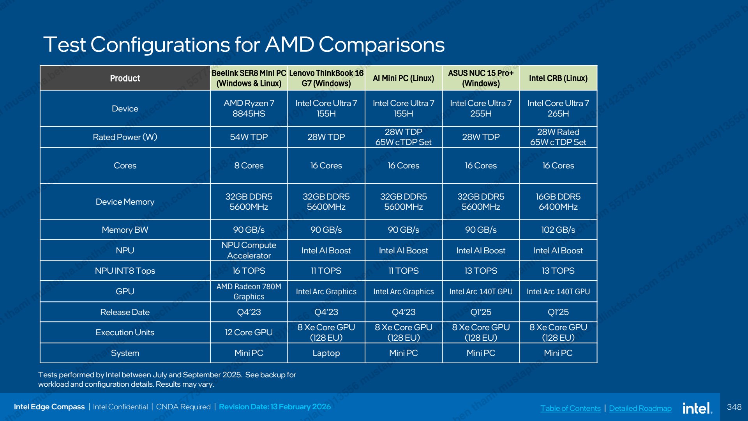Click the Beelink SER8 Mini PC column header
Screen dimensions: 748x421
coord(249,78)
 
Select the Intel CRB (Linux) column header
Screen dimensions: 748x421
coord(558,78)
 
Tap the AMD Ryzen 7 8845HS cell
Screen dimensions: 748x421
coord(249,108)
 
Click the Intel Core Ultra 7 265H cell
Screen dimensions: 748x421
coord(558,108)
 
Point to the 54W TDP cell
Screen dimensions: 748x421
coord(249,137)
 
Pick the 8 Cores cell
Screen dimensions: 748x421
coord(249,166)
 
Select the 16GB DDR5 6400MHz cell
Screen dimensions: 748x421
coord(558,202)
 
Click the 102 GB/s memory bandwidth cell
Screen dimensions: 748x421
coord(558,230)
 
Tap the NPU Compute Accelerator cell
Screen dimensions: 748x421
coord(249,250)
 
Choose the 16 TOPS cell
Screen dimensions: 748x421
coord(249,271)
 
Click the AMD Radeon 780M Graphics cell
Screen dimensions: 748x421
coord(249,291)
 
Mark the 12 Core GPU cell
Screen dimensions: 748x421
coord(249,332)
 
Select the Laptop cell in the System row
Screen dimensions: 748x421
coord(326,353)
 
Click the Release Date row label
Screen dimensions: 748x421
coord(125,312)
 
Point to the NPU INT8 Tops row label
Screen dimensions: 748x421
coord(125,271)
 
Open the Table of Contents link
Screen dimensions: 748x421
coord(570,408)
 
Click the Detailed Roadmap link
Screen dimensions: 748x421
coord(640,408)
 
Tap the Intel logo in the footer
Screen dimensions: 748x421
coord(697,408)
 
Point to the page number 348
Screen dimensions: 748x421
coord(734,407)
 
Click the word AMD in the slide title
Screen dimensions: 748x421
coord(289,44)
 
